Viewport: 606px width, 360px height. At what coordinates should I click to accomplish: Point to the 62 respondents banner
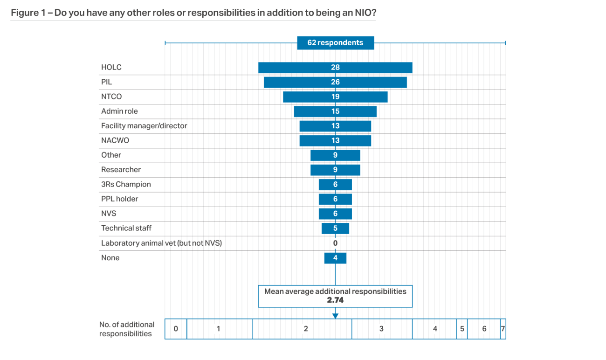point(335,43)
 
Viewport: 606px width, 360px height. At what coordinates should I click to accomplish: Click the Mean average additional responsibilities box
point(335,296)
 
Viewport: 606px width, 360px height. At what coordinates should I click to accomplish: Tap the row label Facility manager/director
point(144,126)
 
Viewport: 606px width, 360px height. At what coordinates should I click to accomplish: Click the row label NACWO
point(115,140)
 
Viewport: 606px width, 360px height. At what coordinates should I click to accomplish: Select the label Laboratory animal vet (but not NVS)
point(161,243)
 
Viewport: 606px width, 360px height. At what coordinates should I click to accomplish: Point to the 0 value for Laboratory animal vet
point(335,243)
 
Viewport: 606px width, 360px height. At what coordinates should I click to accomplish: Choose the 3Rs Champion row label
point(126,184)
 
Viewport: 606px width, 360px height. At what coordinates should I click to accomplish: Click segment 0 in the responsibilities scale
point(176,329)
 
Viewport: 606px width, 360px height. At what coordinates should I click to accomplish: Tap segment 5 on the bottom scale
point(462,329)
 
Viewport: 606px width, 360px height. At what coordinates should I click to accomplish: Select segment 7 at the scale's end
point(503,329)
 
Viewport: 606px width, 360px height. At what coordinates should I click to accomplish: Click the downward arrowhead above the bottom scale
point(335,316)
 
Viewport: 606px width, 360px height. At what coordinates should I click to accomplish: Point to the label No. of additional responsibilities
point(126,329)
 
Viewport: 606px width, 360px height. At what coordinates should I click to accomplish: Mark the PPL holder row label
point(120,199)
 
